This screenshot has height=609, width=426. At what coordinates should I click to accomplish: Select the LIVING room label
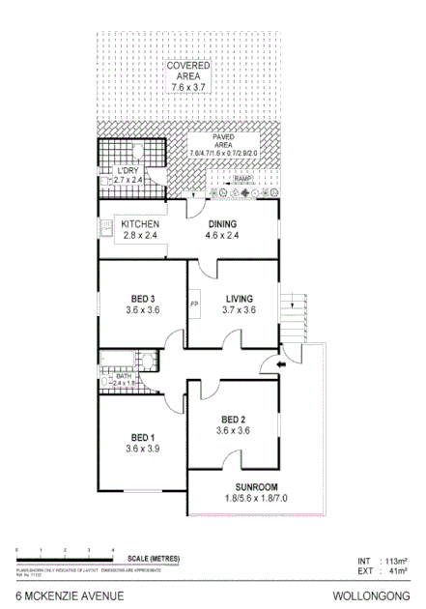coord(239,298)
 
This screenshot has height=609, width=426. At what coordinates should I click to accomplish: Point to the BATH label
coord(122,375)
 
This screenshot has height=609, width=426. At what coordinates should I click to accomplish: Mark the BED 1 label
coord(141,436)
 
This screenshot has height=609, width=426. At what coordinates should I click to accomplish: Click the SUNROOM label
coord(257,486)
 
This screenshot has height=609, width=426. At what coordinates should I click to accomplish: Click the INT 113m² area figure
coord(383,560)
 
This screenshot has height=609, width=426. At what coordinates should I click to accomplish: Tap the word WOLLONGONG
coord(379,596)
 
